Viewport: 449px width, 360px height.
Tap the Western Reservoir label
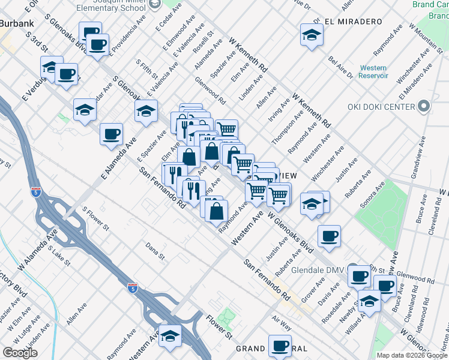(x=373, y=72)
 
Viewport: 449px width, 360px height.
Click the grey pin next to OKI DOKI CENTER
(x=424, y=107)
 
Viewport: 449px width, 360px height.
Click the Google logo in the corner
(x=20, y=353)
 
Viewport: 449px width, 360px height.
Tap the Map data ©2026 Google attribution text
(x=412, y=355)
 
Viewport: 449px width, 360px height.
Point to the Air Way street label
(x=282, y=325)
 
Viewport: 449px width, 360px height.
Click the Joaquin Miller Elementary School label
(x=110, y=7)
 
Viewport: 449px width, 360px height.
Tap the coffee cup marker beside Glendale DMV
(x=359, y=275)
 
